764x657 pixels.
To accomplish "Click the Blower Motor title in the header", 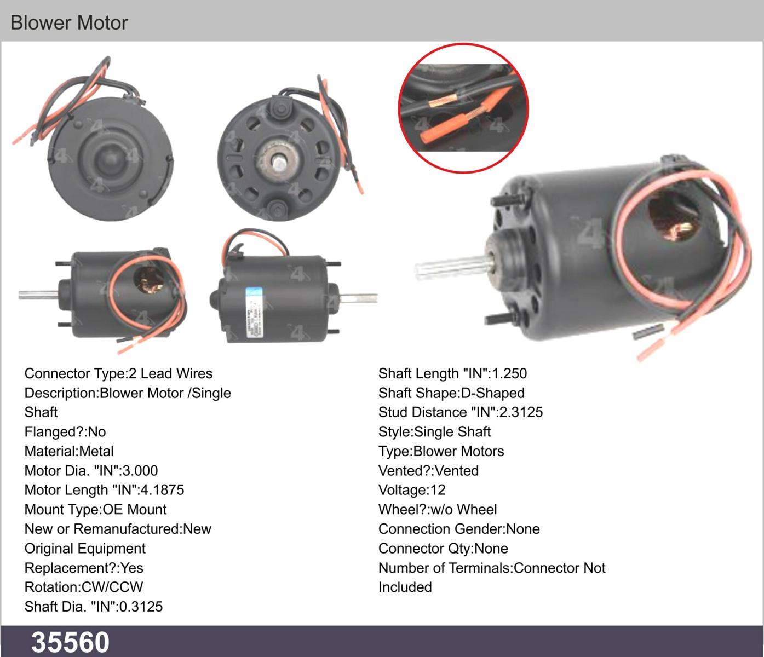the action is [x=69, y=22].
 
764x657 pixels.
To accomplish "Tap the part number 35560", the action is [x=70, y=642].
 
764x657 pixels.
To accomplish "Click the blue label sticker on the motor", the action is [x=254, y=312].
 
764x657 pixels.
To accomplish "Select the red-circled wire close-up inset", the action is [x=463, y=108].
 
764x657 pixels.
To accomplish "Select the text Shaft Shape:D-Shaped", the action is [x=451, y=393].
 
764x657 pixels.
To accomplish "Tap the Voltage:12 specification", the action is [x=412, y=490].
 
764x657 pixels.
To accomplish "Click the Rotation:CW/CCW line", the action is [x=84, y=587].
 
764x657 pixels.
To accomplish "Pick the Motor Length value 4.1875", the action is [x=162, y=490].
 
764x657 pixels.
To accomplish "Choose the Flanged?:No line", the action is [x=65, y=432].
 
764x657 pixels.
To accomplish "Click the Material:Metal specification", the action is [x=69, y=451].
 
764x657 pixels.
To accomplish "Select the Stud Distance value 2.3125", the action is [x=521, y=412].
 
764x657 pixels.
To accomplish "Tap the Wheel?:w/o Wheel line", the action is [x=438, y=510].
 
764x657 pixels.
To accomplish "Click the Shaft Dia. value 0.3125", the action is [x=141, y=607].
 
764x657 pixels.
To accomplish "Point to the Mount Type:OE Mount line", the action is [x=95, y=510].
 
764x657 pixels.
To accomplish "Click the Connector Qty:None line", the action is [x=443, y=549].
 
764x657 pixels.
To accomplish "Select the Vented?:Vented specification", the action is [x=428, y=471].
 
